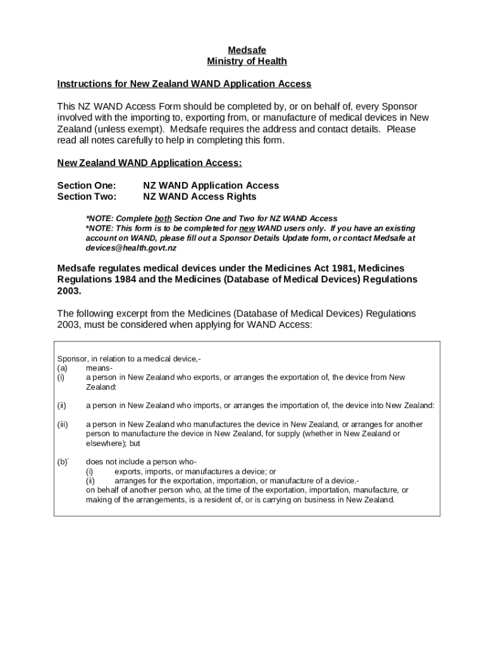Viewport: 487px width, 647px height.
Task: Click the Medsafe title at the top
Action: pos(247,50)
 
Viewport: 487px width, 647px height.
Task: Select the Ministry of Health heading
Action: pos(247,61)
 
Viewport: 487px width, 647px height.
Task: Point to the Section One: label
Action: pos(87,185)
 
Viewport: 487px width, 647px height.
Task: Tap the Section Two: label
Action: pos(87,197)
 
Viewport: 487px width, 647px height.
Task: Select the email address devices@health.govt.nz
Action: pos(131,248)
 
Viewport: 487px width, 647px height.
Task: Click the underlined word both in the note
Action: pos(163,218)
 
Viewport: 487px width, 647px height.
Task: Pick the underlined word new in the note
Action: pos(247,227)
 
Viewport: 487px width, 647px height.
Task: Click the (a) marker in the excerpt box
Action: pos(62,368)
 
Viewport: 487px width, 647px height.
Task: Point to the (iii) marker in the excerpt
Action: pos(63,425)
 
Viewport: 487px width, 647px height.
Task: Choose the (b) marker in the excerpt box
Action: pos(63,462)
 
